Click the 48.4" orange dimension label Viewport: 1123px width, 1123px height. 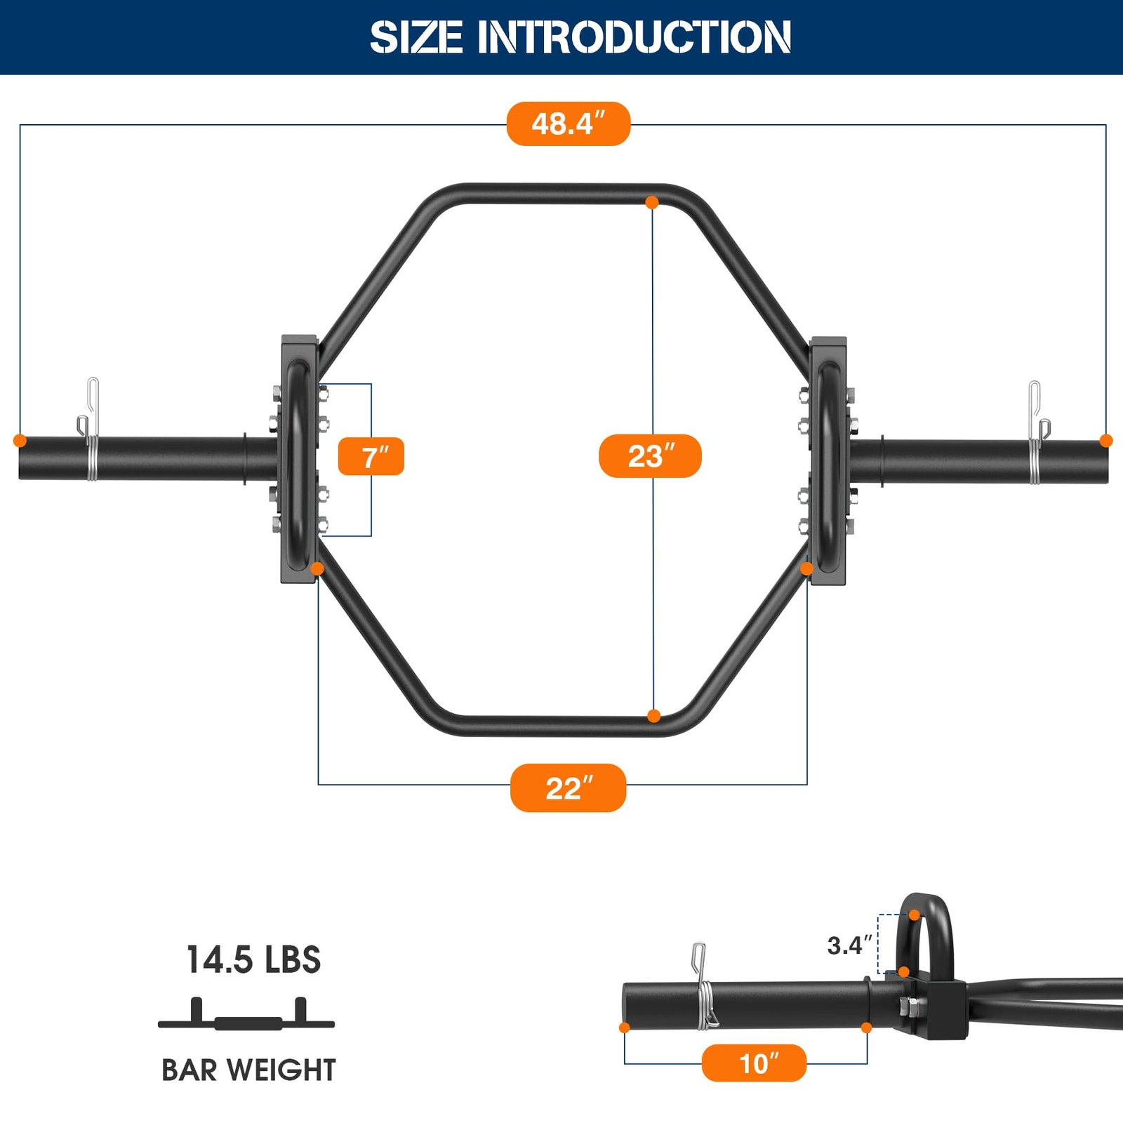tap(569, 124)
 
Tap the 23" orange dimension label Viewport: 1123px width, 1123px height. tap(650, 456)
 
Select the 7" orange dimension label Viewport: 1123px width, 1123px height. tap(371, 457)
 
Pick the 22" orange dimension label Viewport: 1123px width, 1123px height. tap(568, 788)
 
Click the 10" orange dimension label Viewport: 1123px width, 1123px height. tap(754, 1063)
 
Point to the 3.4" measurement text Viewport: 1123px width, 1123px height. tap(849, 945)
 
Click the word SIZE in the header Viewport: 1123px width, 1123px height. tap(416, 37)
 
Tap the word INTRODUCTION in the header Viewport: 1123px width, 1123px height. tap(634, 37)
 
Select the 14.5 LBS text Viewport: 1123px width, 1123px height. tap(253, 959)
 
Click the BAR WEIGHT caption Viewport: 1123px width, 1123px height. tap(249, 1070)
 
